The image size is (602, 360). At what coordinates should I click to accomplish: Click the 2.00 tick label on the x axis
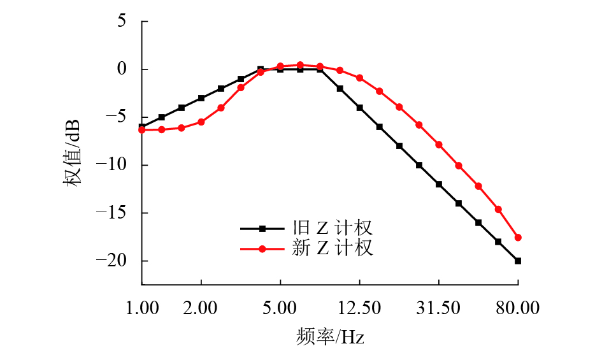coord(201,308)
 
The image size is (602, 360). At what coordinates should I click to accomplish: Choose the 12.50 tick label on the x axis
coord(359,308)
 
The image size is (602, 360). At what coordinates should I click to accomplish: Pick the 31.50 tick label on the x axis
coord(438,308)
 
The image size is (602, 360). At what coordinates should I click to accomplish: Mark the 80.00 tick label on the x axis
coord(518,308)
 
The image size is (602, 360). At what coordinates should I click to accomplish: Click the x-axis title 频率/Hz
coord(330,336)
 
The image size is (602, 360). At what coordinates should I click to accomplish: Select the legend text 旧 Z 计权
coord(332,228)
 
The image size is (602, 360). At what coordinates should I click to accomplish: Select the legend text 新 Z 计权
coord(332,248)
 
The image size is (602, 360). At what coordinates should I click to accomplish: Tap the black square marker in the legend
coord(262,228)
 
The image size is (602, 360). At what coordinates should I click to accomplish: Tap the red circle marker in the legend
coord(262,248)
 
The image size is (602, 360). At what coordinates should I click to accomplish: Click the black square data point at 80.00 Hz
coord(518,261)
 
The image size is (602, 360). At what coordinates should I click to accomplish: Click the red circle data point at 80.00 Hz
coord(518,238)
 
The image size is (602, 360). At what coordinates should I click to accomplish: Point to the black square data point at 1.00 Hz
coord(142,127)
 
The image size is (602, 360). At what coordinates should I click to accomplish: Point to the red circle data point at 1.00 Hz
coord(142,130)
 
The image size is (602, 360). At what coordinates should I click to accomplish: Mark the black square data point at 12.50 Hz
coord(359,108)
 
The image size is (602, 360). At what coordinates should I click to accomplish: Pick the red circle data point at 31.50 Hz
coord(439,145)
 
